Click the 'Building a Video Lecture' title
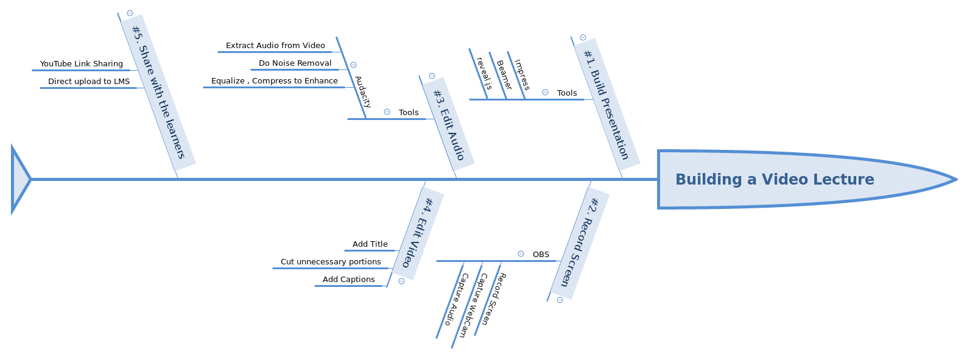click(775, 179)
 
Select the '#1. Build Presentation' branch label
click(607, 104)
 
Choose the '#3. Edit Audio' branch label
click(449, 124)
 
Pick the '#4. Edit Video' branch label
click(418, 233)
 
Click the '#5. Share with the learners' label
click(158, 92)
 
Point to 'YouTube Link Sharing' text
click(82, 64)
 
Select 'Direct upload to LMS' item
click(89, 82)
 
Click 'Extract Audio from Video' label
click(275, 46)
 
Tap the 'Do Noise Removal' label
click(295, 63)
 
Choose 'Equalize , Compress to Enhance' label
click(275, 81)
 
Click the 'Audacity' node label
click(363, 92)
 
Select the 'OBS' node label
click(541, 255)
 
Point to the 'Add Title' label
click(370, 244)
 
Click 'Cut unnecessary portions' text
click(331, 262)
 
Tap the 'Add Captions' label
click(349, 280)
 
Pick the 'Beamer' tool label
click(504, 75)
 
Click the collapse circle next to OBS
click(521, 254)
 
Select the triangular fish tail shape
click(19, 179)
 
